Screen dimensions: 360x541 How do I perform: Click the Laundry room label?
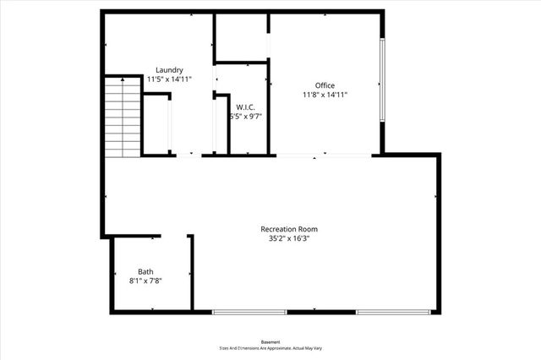coord(169,69)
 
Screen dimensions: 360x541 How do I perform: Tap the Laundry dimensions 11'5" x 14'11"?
coord(169,79)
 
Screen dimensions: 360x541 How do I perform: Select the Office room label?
coord(325,85)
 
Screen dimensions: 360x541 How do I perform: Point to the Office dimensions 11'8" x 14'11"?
coord(325,95)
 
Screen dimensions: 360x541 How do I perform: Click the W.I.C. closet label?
coord(246,106)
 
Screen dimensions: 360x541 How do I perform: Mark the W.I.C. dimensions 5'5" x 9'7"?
coord(246,117)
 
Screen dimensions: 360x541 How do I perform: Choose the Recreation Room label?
coord(289,229)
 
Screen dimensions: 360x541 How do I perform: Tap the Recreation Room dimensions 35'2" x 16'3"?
coord(289,238)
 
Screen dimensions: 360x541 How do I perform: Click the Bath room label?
coord(146,271)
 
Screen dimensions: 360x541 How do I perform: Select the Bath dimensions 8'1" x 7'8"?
coord(146,281)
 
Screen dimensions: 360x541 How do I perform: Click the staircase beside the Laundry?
coord(122,117)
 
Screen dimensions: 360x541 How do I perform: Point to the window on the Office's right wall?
coord(383,80)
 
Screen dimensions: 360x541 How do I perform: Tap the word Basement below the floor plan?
coord(270,341)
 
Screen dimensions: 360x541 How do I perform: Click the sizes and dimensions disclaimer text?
coord(270,348)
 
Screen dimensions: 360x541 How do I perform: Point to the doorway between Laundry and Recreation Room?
coord(189,155)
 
